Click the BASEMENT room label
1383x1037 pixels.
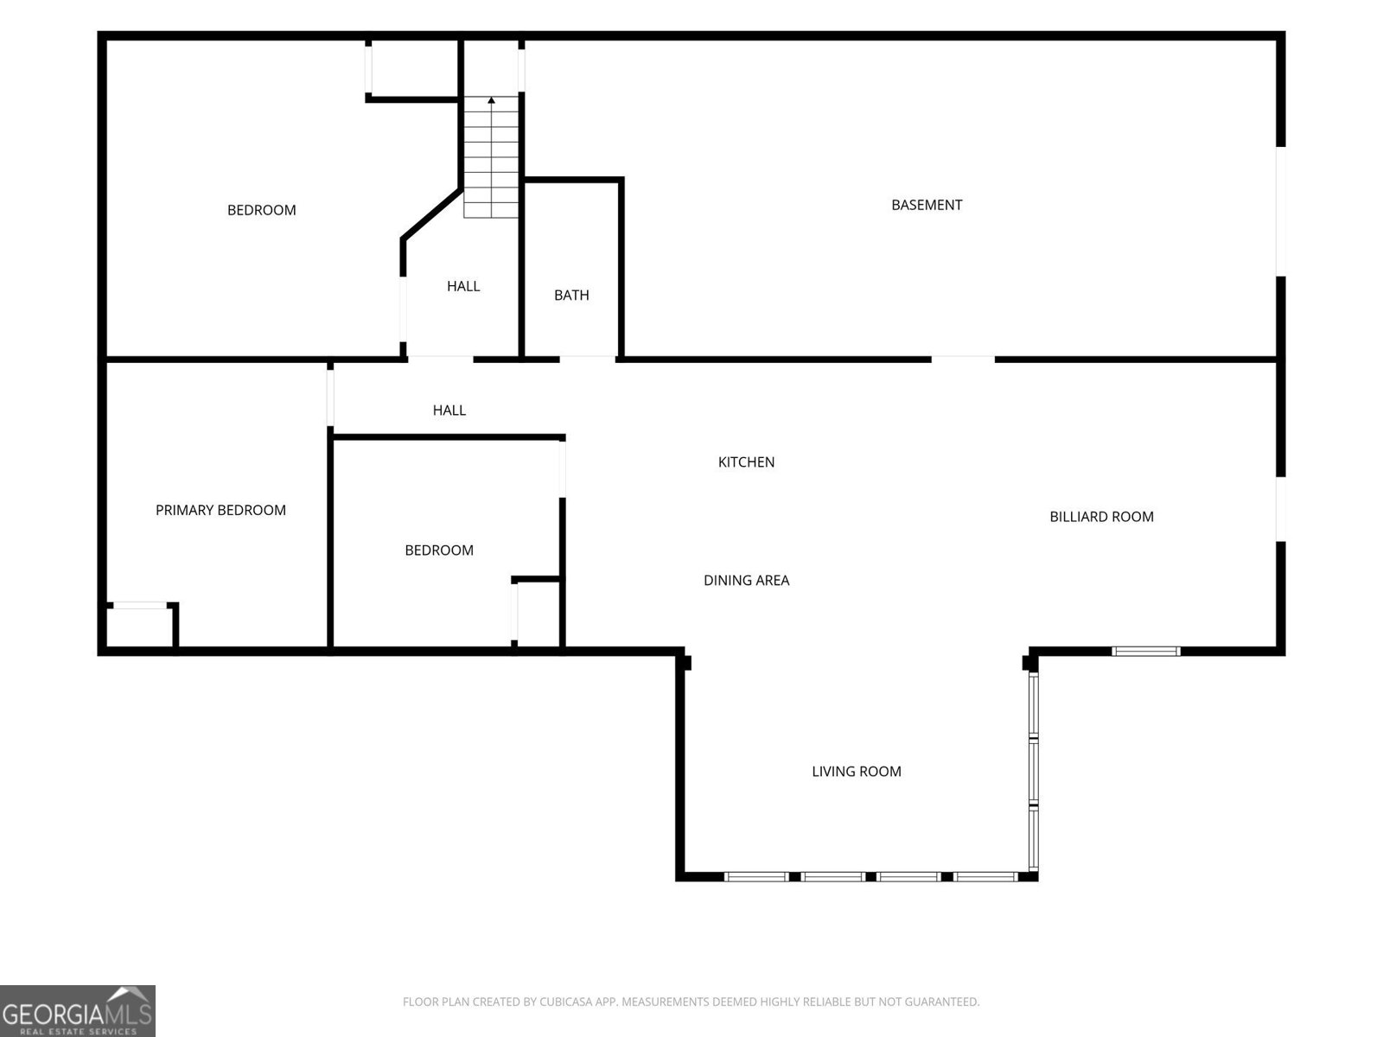(x=927, y=206)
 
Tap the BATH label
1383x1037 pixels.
(x=571, y=296)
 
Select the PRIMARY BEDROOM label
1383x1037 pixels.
(x=220, y=510)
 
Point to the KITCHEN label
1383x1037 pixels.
(x=746, y=462)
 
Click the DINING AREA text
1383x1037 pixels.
(x=746, y=581)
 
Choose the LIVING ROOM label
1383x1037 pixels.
(x=857, y=772)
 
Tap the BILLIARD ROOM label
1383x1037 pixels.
(x=1101, y=517)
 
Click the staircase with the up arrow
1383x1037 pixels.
(x=491, y=157)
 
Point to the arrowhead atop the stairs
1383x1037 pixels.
(x=491, y=100)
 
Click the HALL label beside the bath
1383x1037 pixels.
(x=463, y=287)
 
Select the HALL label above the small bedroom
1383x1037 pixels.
(x=449, y=410)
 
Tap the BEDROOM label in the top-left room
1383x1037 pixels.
(x=262, y=210)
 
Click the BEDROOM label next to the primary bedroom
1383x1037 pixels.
(x=439, y=550)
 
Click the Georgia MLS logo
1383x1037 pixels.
(x=78, y=1010)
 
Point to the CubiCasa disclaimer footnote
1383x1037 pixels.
(x=691, y=1002)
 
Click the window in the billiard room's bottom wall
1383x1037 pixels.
(x=1145, y=652)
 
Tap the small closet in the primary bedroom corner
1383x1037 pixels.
(x=141, y=626)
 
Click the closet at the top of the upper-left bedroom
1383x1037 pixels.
(x=413, y=69)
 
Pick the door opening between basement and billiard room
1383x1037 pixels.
(x=963, y=359)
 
